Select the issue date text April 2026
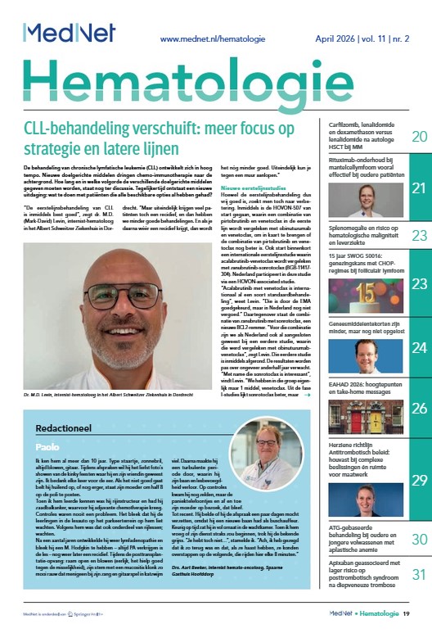coord(331,38)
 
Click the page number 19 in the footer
coord(417,613)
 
